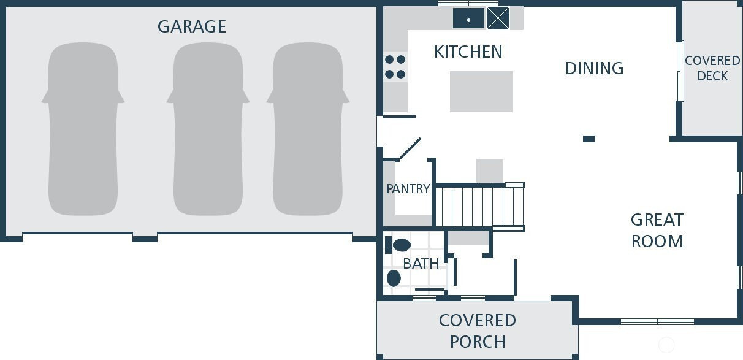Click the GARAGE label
(x=191, y=26)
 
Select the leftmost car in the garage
(x=83, y=129)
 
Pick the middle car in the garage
(x=208, y=129)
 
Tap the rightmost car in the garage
(x=308, y=129)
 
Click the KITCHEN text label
(x=468, y=52)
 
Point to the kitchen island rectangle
(x=481, y=91)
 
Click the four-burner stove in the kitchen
(x=395, y=67)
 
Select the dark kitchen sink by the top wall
(x=468, y=18)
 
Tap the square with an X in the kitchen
(x=498, y=18)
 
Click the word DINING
(x=594, y=68)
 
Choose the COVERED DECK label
(x=712, y=68)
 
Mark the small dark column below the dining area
(x=589, y=139)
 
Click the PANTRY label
(x=408, y=189)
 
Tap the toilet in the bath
(x=398, y=245)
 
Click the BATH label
(x=421, y=264)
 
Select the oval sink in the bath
(x=394, y=278)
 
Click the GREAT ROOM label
(x=657, y=230)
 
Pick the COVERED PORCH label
(x=478, y=331)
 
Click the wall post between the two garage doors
(x=145, y=238)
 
